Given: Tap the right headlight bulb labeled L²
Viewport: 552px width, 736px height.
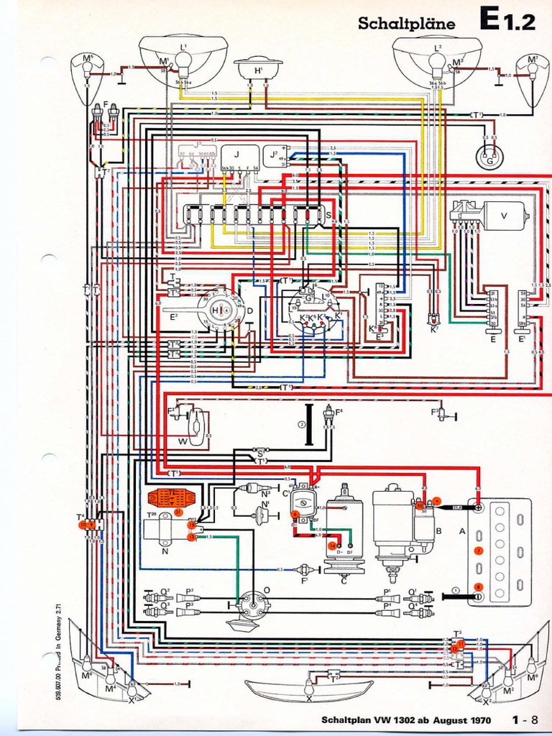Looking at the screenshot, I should pos(437,65).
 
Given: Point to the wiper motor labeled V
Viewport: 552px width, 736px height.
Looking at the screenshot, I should pos(504,215).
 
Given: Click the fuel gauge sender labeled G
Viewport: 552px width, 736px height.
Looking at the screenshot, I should pos(489,156).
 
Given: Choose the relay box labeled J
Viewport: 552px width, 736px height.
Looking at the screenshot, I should pos(235,156).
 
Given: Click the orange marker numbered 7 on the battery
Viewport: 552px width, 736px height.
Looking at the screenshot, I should pos(479,551).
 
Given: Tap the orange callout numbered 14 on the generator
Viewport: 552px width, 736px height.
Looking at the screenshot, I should pos(332,546).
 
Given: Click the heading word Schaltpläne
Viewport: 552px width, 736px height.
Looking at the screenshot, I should pos(406,24).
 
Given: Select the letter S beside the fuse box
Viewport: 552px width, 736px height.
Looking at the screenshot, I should pos(328,214).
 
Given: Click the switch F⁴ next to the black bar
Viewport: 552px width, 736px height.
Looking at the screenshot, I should pos(329,415).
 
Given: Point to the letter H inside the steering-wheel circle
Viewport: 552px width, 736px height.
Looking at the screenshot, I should pos(214,310).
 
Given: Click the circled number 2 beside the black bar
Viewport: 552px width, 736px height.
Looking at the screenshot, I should pos(303,425).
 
